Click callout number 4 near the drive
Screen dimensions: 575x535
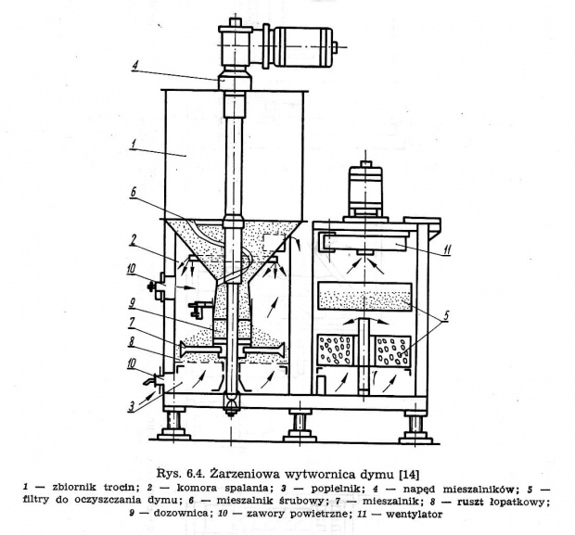tap(135, 68)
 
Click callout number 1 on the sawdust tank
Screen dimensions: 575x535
tap(134, 145)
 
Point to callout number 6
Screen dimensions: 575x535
tap(134, 193)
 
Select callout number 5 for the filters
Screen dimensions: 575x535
tap(445, 316)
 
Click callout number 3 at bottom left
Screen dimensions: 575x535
tap(132, 407)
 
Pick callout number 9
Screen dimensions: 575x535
tap(132, 303)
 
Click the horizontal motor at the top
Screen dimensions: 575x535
tap(300, 46)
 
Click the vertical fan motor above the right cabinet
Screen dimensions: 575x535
tap(365, 191)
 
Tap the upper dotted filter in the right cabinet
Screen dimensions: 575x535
tap(365, 297)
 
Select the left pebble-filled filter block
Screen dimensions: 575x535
tap(336, 350)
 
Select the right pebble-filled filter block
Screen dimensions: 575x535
tap(393, 350)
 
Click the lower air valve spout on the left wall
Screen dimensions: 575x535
tap(156, 380)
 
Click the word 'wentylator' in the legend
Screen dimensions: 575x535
tap(414, 514)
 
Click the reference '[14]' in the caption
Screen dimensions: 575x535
tap(408, 475)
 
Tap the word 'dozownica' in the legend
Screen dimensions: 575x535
tap(182, 514)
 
